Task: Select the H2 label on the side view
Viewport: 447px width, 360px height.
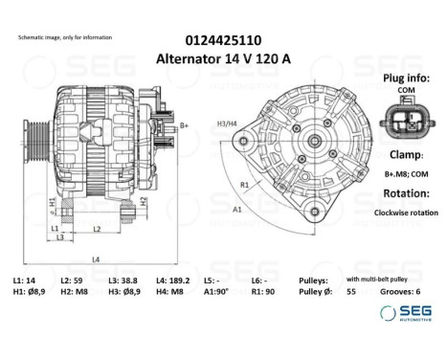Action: click(143, 201)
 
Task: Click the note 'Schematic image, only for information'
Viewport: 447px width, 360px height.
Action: click(65, 37)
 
